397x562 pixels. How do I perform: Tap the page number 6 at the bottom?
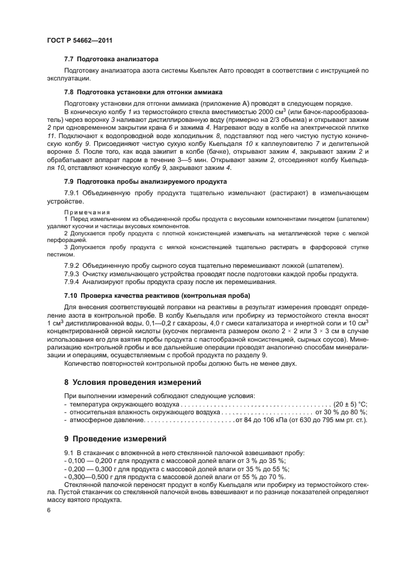tap(48, 510)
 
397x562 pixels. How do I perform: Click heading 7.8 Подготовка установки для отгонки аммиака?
tap(144, 92)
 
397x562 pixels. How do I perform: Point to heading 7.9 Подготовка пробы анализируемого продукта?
tap(145, 181)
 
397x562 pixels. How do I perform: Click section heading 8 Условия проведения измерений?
tap(133, 382)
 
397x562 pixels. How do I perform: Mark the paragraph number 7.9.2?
tap(72, 265)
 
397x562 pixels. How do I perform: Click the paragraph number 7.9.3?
tap(72, 274)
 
